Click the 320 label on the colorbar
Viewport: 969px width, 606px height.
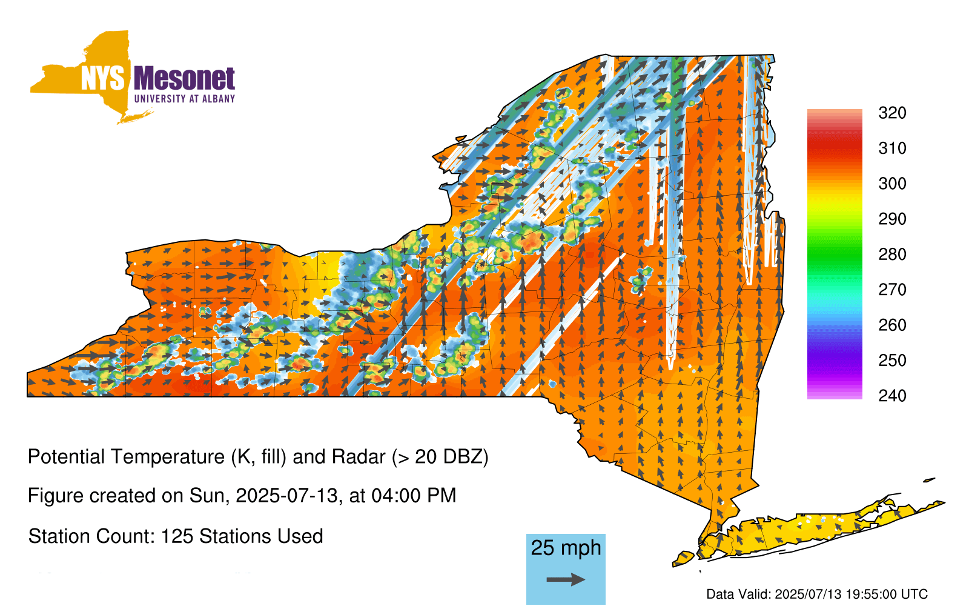click(x=892, y=113)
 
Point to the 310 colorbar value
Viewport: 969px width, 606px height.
click(x=892, y=148)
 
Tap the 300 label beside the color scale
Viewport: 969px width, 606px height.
click(x=892, y=184)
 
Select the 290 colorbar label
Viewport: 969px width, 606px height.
click(x=892, y=219)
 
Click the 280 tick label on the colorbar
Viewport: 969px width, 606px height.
click(x=892, y=254)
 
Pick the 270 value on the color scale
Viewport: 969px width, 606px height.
click(x=892, y=290)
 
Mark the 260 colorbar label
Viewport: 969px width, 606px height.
click(x=892, y=325)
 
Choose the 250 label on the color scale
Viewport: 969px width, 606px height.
click(x=892, y=360)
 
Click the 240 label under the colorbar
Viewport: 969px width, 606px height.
click(x=892, y=396)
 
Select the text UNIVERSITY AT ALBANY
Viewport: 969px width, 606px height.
click(x=185, y=99)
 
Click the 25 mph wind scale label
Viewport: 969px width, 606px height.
click(x=566, y=548)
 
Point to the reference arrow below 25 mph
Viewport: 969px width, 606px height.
click(x=566, y=579)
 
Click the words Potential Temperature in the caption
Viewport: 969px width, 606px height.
click(x=127, y=457)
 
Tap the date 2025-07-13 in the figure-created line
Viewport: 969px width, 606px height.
click(x=286, y=496)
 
